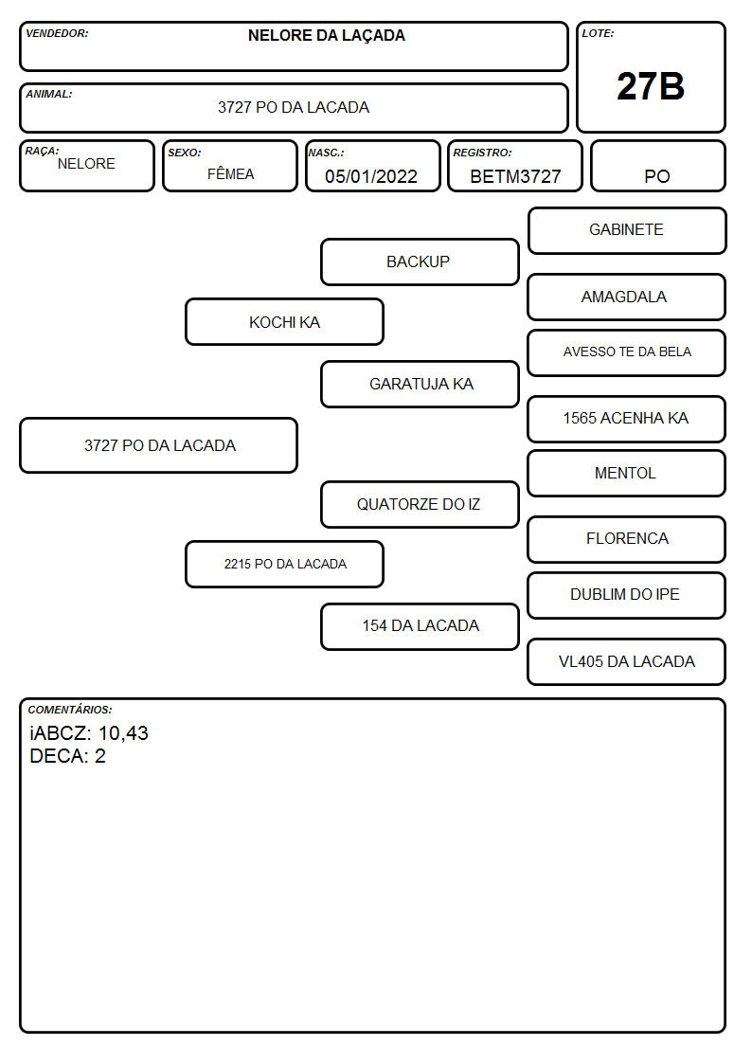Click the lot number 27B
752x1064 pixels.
tap(651, 86)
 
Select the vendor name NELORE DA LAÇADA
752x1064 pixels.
tap(326, 36)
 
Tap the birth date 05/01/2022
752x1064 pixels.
tap(371, 176)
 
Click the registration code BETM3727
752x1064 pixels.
tap(515, 176)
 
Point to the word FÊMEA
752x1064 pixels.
tap(230, 173)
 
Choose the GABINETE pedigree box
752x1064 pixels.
tap(627, 231)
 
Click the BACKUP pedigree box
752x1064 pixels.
tap(420, 261)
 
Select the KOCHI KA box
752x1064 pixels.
tap(285, 321)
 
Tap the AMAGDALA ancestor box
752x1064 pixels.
tap(627, 297)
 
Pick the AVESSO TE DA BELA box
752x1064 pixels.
tap(627, 352)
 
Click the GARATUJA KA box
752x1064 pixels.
tap(420, 384)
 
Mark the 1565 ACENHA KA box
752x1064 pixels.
tap(627, 419)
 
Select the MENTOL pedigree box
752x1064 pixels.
tap(627, 473)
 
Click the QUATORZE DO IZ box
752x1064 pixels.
tap(420, 504)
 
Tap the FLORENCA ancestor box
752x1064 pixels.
tap(627, 539)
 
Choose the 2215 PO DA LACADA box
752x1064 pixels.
tap(285, 564)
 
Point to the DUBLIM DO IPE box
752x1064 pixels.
tap(627, 595)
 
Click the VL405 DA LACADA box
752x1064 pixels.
tap(627, 661)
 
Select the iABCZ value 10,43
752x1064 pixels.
tap(123, 733)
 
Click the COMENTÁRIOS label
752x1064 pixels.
tap(70, 710)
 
